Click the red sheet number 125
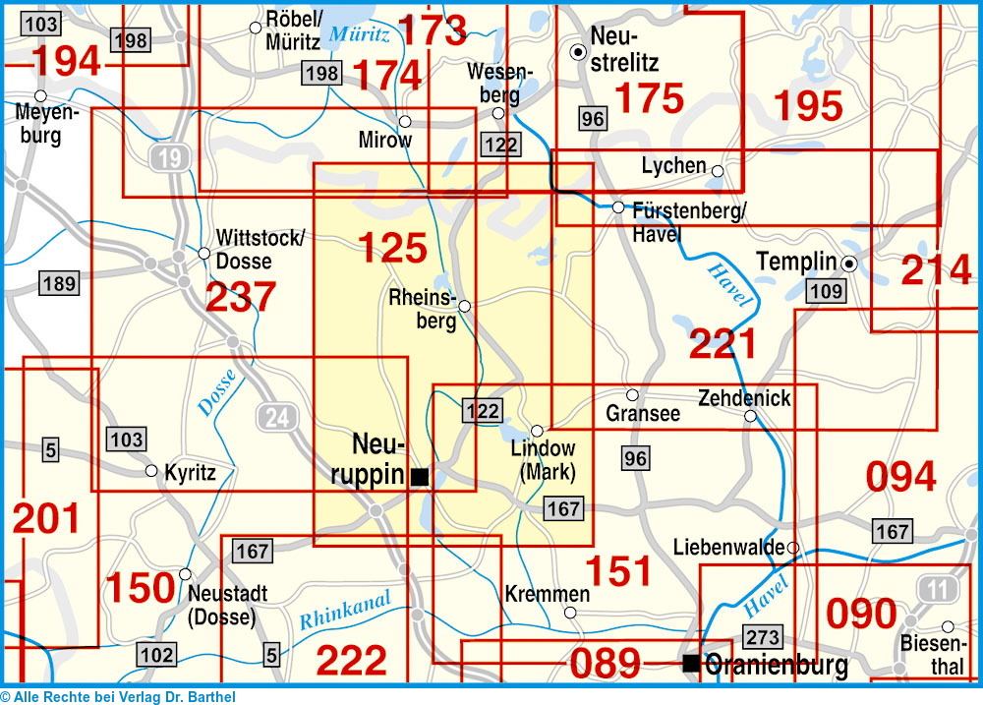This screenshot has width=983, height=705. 392,248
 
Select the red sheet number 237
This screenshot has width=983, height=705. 241,297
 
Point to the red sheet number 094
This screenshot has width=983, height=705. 900,477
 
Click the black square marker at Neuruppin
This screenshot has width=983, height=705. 420,477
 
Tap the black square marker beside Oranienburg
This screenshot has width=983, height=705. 691,664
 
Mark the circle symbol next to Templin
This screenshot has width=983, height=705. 849,263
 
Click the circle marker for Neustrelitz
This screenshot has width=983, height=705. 579,52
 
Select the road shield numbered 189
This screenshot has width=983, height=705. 58,284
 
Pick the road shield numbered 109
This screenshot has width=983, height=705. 825,290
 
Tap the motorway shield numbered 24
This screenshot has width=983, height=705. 278,418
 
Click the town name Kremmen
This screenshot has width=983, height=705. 546,594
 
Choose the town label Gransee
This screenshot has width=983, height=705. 643,414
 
